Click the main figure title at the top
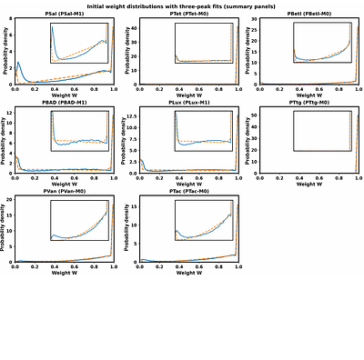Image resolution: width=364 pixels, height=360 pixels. [x=182, y=6]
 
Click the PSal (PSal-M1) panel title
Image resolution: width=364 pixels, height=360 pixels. [x=64, y=15]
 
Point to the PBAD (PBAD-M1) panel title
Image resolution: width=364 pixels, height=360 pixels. [x=64, y=103]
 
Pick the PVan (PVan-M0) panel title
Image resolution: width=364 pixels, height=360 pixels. [x=64, y=191]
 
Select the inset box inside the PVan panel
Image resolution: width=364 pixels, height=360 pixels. [x=79, y=220]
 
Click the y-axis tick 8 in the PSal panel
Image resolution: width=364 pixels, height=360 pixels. [x=9, y=19]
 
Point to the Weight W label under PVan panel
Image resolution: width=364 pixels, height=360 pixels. [x=64, y=273]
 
